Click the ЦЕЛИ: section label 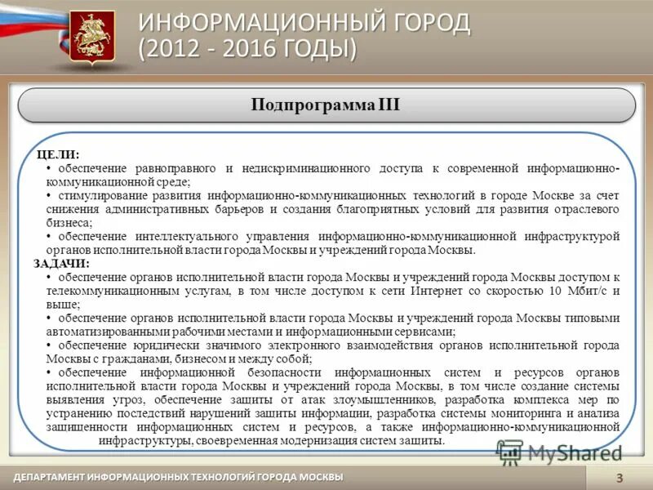(58, 154)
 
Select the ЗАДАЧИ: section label (63, 264)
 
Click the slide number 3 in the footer (619, 479)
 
